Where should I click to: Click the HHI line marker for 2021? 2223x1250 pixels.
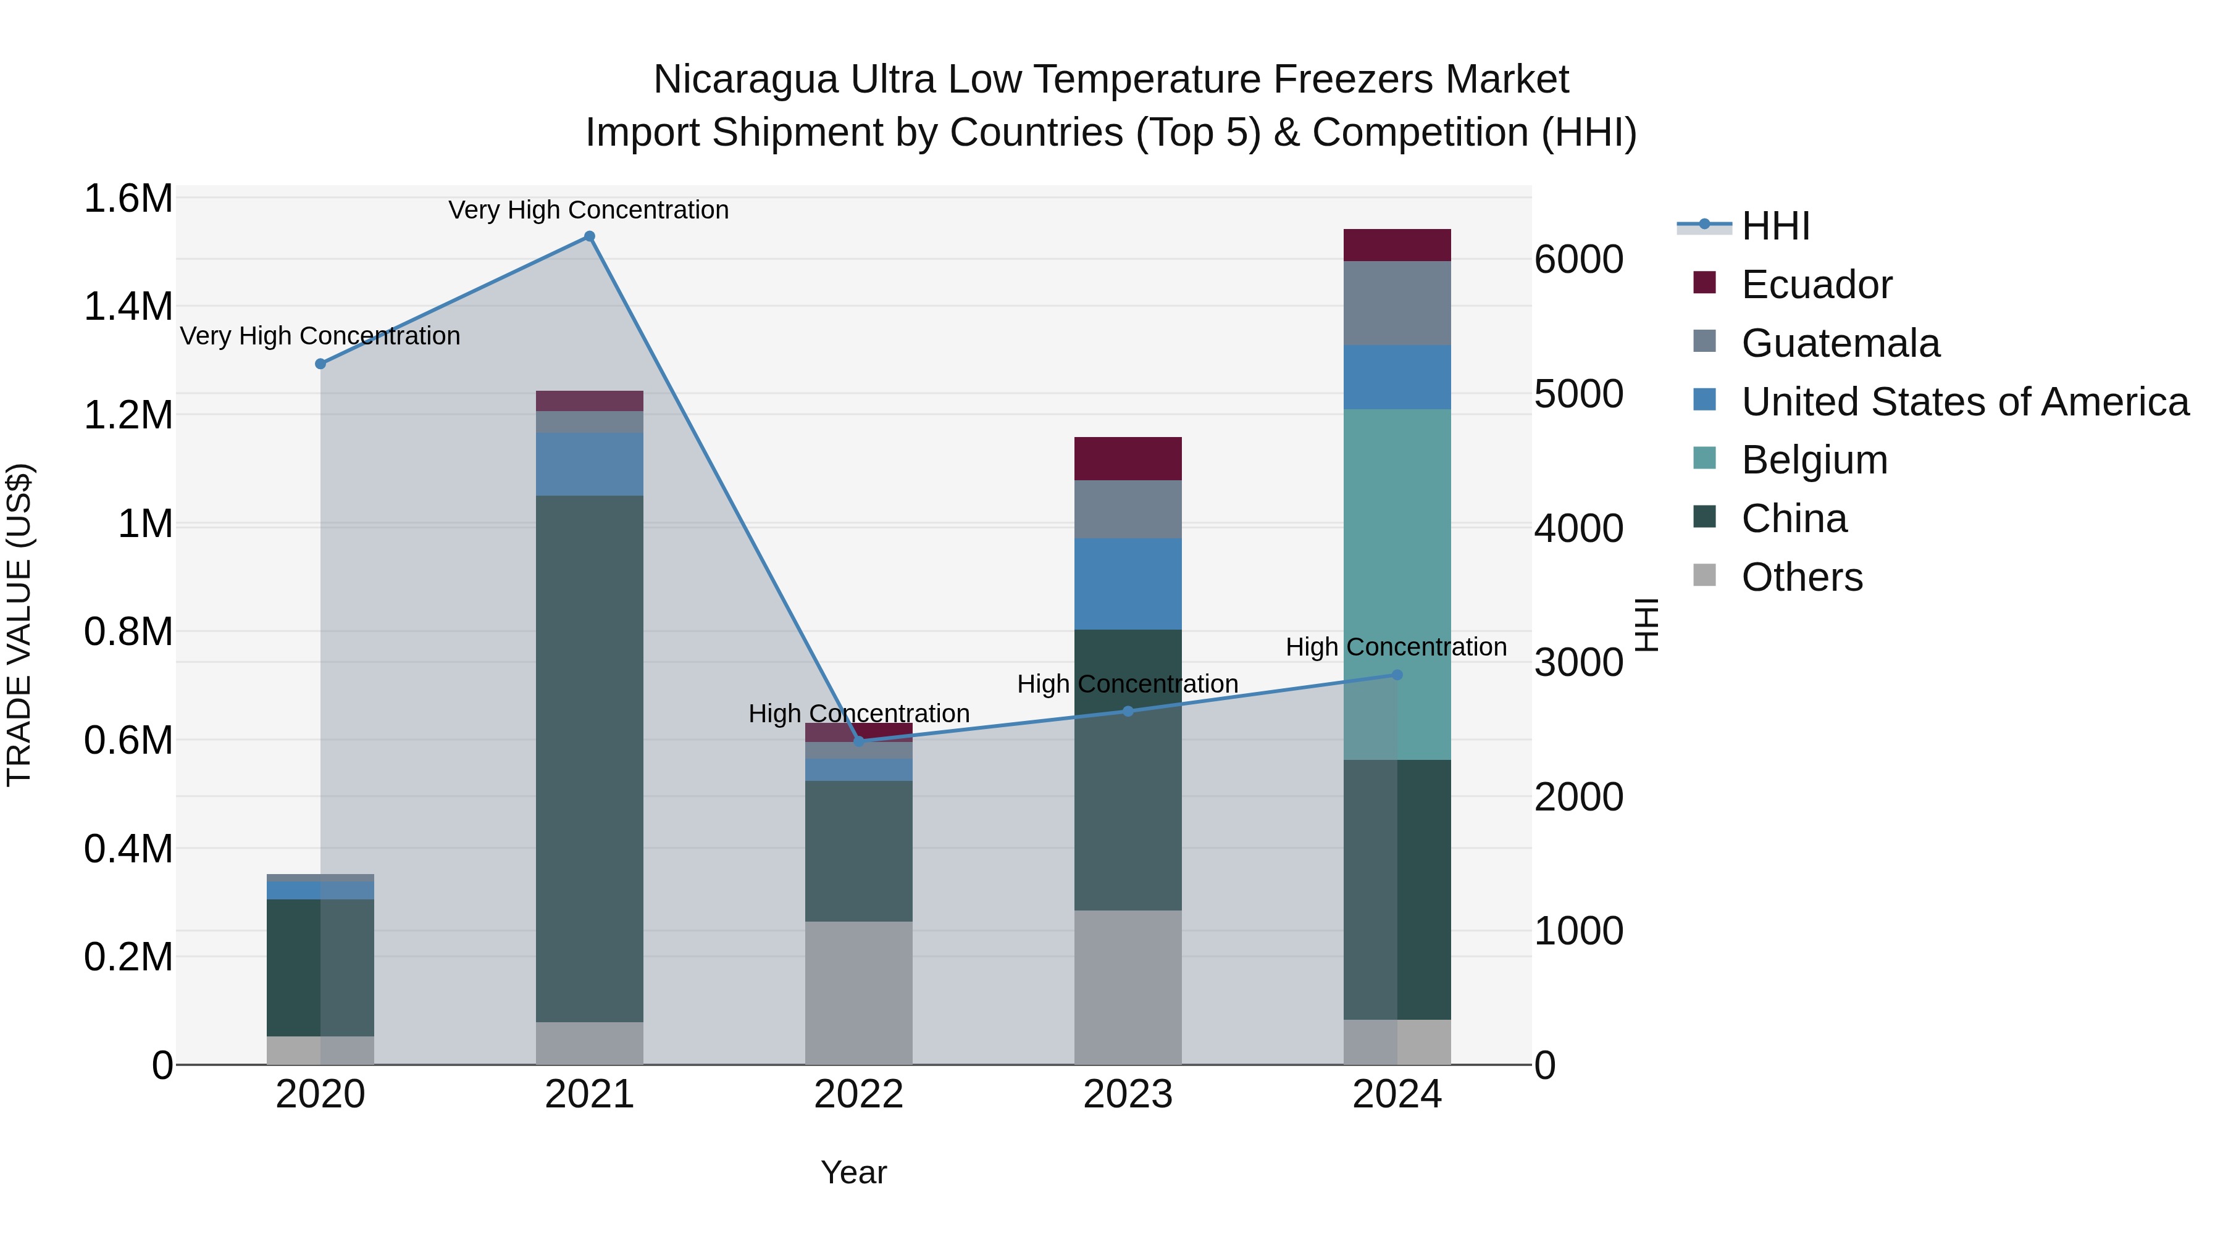[x=590, y=236]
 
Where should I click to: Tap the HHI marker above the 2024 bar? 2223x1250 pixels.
[x=1397, y=675]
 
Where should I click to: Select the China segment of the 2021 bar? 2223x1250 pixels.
[x=590, y=759]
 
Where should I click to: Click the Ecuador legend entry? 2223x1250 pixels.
[x=1815, y=285]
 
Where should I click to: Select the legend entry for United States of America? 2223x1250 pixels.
[x=1964, y=402]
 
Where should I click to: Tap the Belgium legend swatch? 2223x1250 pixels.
[x=1704, y=458]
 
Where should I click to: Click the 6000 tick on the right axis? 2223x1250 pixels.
[x=1578, y=260]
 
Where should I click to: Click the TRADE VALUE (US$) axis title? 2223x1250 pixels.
[x=19, y=625]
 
